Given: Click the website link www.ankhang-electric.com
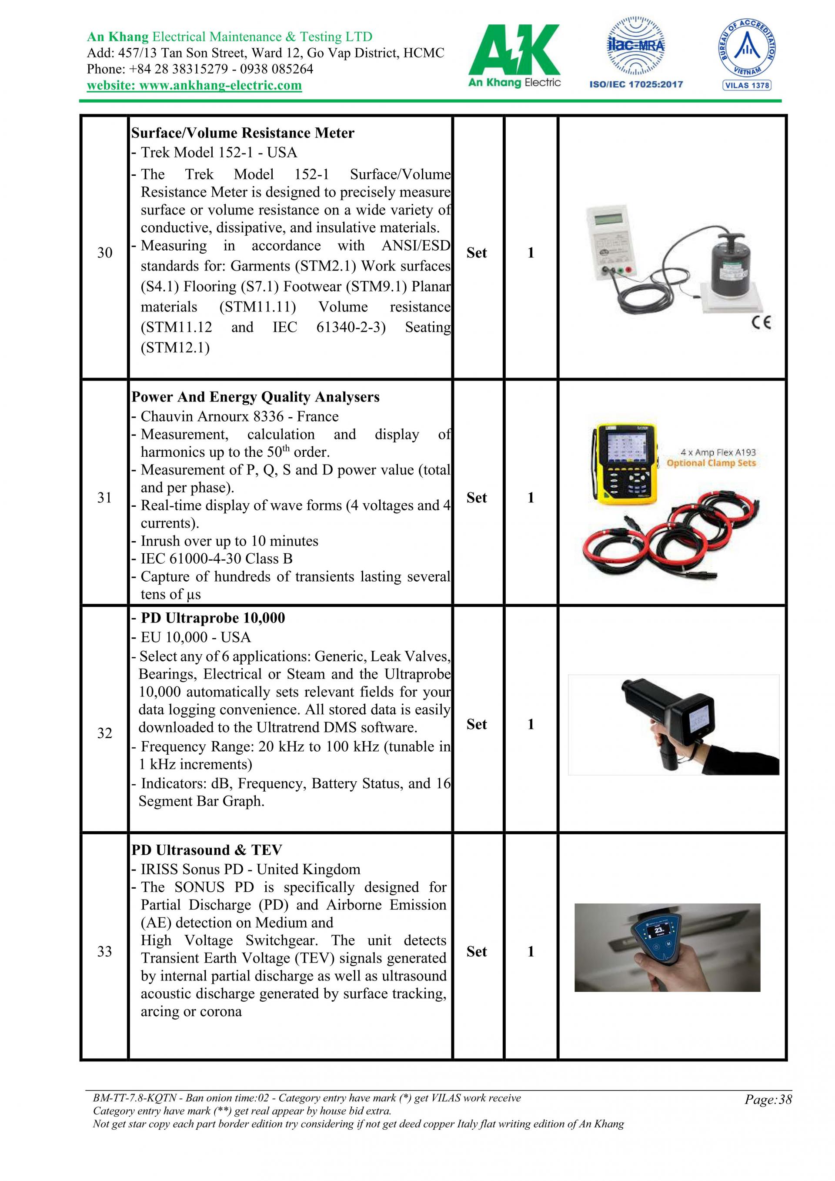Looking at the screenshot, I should (x=194, y=85).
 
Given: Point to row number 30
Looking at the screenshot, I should (x=104, y=253).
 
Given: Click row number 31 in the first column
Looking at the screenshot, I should (x=104, y=497).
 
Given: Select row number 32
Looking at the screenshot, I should (x=104, y=733).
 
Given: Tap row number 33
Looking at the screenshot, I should (x=104, y=952).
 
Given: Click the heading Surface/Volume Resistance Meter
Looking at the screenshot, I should (x=243, y=133).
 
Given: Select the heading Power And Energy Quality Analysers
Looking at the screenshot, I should (x=256, y=397).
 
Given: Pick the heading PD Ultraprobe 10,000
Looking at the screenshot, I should (x=212, y=618).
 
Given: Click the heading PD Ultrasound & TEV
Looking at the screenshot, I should (x=207, y=850).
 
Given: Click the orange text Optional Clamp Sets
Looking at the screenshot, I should (x=711, y=463).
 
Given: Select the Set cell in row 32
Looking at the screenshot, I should (x=477, y=724).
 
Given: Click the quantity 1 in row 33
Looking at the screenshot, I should (x=531, y=952).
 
